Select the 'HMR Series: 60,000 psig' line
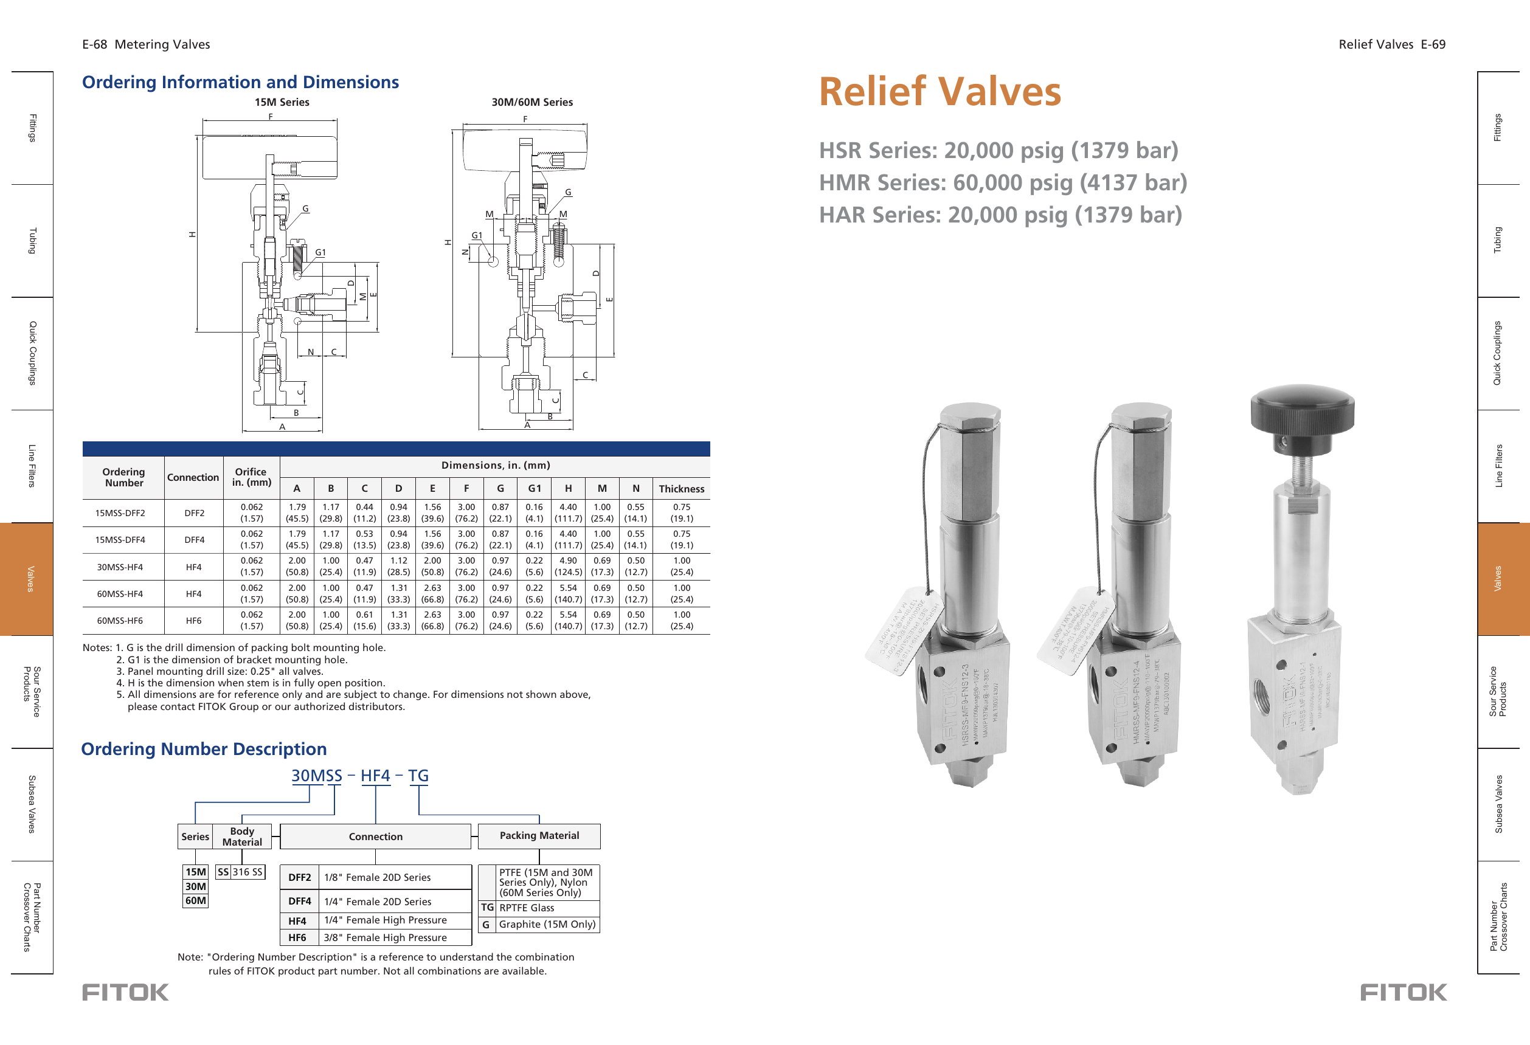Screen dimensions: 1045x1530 pos(1002,182)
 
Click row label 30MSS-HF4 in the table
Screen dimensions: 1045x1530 pos(120,567)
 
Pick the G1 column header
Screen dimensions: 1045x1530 pos(534,488)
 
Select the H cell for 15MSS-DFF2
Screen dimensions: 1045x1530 pos(567,512)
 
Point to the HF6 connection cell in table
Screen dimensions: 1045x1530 pos(193,621)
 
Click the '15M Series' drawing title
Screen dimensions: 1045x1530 pos(282,102)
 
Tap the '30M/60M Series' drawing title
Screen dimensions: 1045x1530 pos(532,102)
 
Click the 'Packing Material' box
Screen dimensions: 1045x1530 pos(539,836)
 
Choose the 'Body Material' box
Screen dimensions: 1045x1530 pos(241,836)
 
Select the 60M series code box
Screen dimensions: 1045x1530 pos(196,901)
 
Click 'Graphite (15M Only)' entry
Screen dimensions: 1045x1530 pos(547,925)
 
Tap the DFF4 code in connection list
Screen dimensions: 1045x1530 pos(300,902)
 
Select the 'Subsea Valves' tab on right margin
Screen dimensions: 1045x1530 pos(1498,804)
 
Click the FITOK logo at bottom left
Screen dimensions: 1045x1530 pos(125,992)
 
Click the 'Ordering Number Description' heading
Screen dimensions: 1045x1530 pos(204,749)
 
